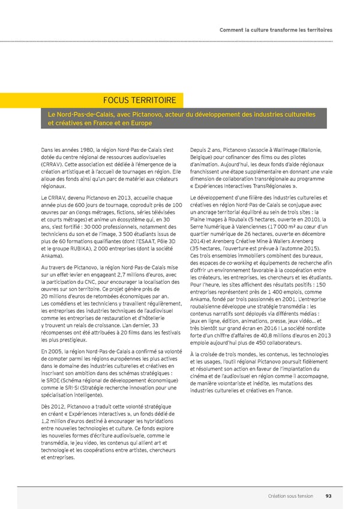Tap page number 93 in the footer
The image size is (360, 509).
328,496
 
